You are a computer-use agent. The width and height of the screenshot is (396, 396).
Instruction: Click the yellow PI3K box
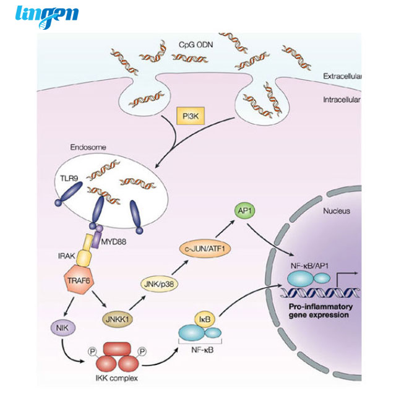[x=191, y=116]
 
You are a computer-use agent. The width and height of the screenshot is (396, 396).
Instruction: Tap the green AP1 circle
[x=245, y=210]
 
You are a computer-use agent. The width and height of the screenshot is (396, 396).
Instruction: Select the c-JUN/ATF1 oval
[x=205, y=249]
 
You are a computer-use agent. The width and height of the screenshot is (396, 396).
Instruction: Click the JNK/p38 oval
[x=159, y=284]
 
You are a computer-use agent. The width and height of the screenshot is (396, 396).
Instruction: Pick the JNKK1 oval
[x=118, y=319]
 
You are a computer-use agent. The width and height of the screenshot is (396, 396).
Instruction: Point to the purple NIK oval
[x=62, y=328]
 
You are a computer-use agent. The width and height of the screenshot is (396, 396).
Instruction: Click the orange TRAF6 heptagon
[x=79, y=280]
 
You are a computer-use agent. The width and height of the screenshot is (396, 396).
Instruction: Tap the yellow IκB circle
[x=205, y=320]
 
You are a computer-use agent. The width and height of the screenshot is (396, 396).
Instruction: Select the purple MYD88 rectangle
[x=96, y=239]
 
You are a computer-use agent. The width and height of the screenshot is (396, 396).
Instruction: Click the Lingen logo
[x=47, y=15]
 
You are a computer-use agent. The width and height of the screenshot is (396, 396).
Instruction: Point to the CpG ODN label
[x=196, y=45]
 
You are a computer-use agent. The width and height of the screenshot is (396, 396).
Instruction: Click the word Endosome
[x=88, y=147]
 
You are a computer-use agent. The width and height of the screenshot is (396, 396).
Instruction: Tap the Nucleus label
[x=337, y=211]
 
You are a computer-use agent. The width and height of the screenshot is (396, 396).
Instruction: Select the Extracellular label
[x=342, y=76]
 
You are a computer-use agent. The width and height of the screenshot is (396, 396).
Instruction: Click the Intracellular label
[x=342, y=100]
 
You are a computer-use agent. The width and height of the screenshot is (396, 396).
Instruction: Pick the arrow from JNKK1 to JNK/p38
[x=137, y=303]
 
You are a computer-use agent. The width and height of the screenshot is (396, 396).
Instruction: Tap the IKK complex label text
[x=117, y=378]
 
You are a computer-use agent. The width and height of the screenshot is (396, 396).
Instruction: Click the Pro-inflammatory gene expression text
[x=321, y=311]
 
